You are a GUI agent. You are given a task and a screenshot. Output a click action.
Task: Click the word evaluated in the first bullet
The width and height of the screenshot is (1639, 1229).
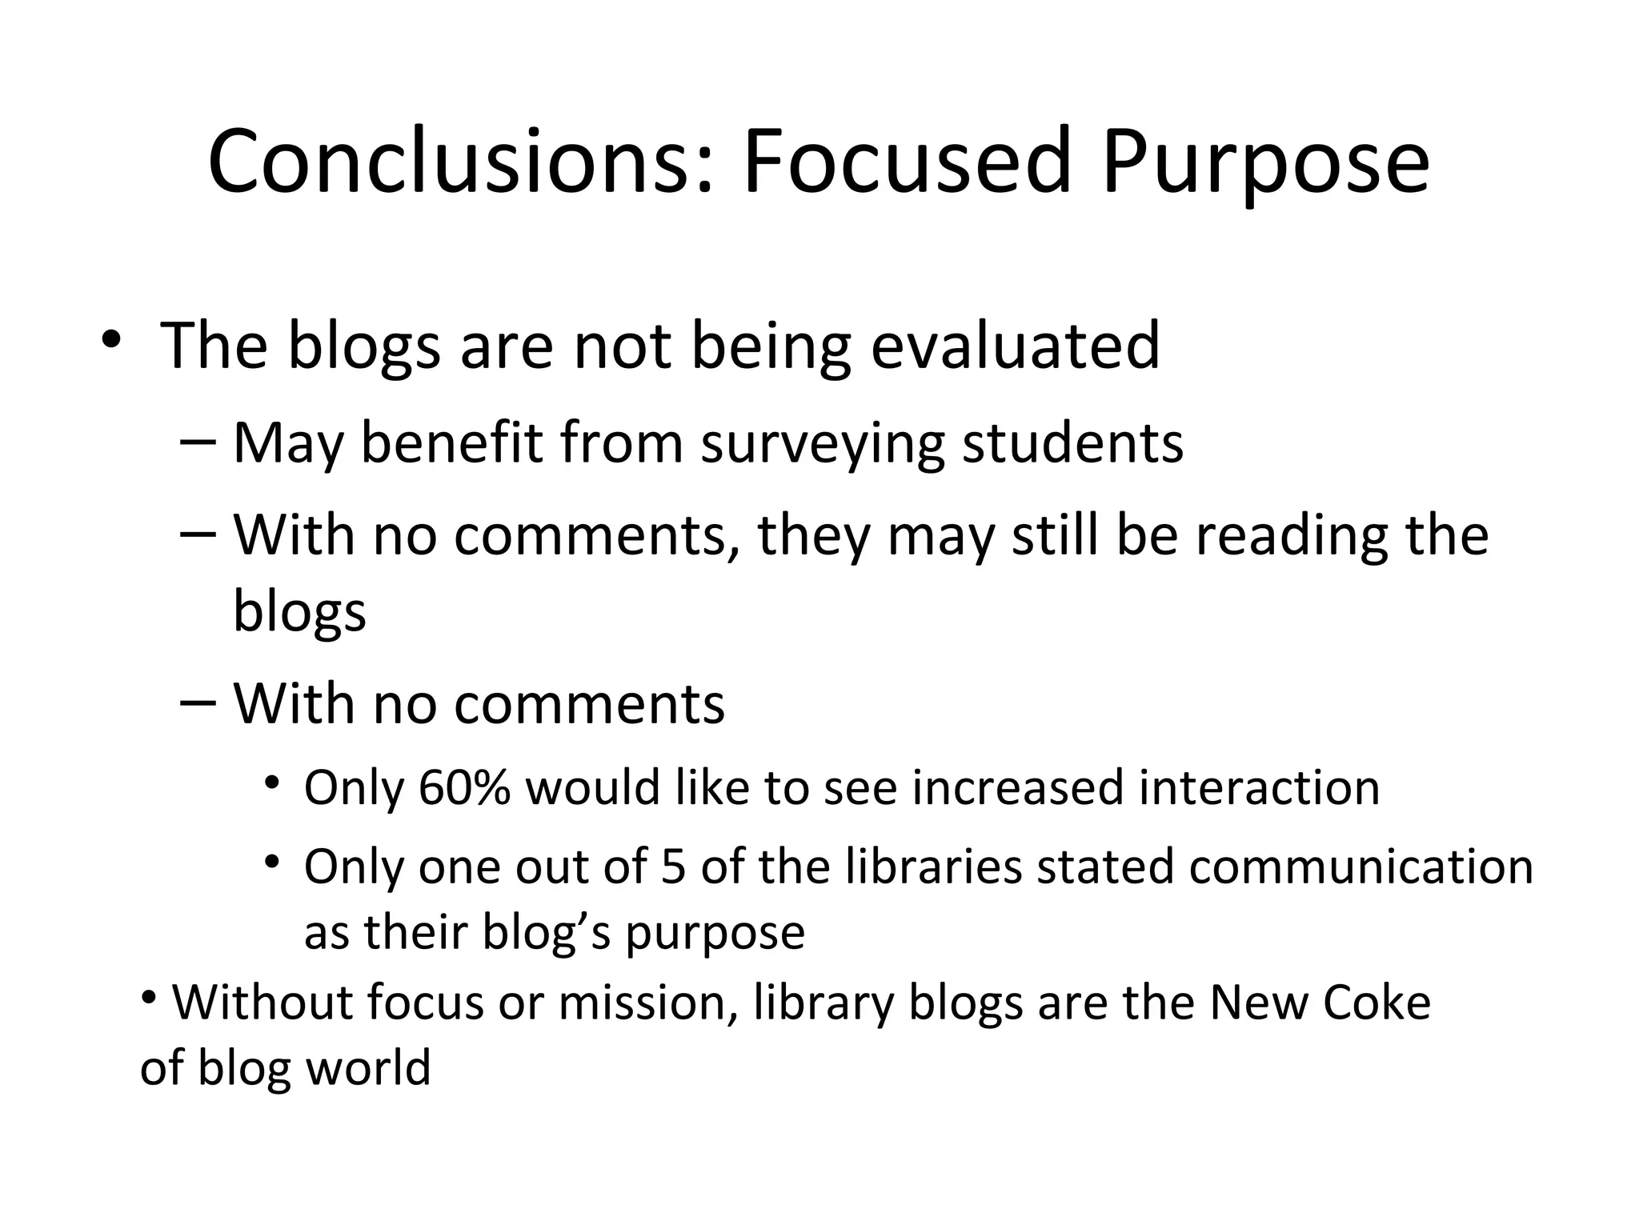click(x=1015, y=346)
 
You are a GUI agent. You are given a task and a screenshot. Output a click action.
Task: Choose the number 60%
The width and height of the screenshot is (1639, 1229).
click(x=464, y=787)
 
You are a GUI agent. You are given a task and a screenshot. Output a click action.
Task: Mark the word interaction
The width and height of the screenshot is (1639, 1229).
click(x=1260, y=787)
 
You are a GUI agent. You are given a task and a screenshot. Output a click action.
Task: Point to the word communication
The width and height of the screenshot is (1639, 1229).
click(x=1360, y=867)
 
